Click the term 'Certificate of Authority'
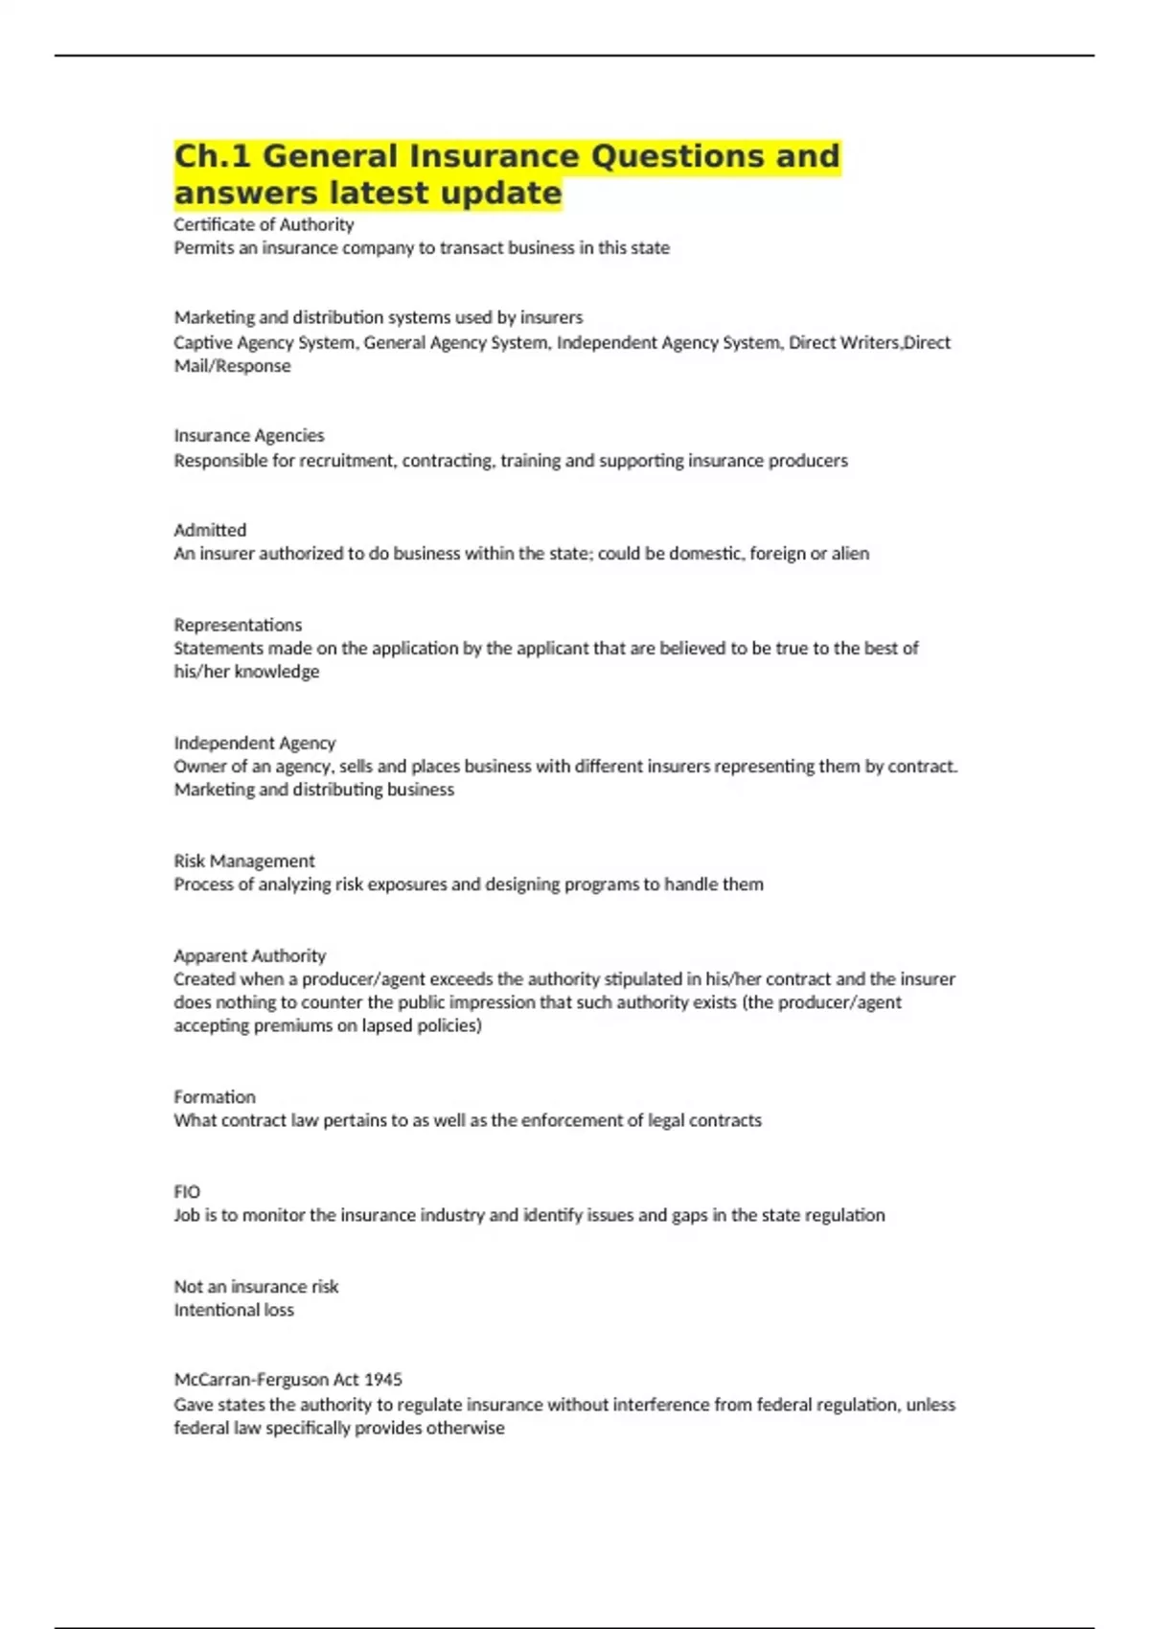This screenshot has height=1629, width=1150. (x=264, y=224)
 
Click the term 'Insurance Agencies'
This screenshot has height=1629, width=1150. (x=249, y=435)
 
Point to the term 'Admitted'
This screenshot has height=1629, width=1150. (x=210, y=530)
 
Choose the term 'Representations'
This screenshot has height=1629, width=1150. (x=238, y=625)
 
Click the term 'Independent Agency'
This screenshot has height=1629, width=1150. (x=255, y=743)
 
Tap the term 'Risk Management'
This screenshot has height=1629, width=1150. (x=244, y=860)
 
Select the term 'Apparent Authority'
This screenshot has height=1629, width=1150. (x=250, y=955)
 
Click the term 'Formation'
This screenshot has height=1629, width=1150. (x=215, y=1096)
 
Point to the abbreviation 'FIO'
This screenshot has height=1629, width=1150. (x=187, y=1191)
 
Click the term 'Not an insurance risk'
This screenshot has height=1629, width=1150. (x=256, y=1286)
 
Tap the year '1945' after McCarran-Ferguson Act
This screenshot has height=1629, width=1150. (x=383, y=1379)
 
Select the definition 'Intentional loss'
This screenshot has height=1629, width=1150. (x=234, y=1310)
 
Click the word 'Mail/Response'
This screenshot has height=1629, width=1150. (x=232, y=366)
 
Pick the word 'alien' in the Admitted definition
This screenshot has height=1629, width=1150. (x=850, y=553)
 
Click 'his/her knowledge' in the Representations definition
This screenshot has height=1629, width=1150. (x=246, y=672)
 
